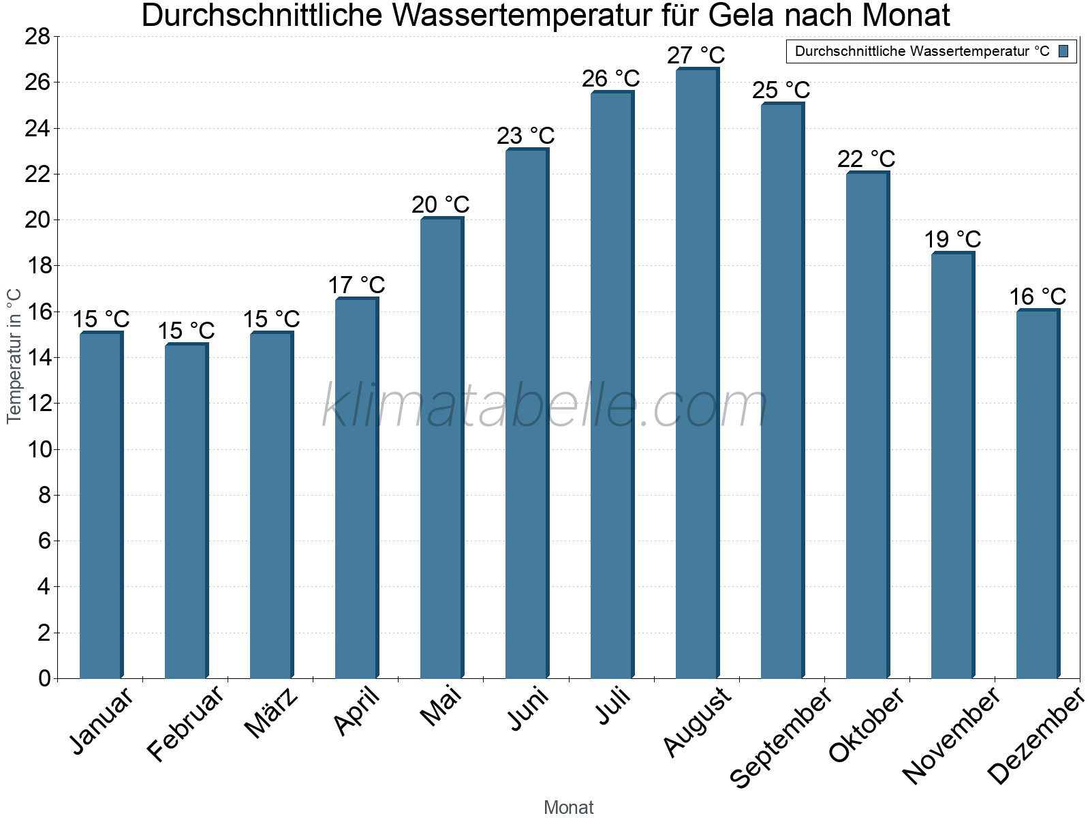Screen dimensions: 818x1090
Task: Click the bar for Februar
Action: tap(186, 511)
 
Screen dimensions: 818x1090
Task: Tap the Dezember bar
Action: tap(1038, 494)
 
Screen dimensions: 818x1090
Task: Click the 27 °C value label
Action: tap(696, 55)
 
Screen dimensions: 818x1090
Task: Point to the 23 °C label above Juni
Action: tap(525, 136)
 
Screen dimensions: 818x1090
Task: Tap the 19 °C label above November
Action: tap(952, 239)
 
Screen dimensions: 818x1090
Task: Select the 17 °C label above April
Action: tap(356, 284)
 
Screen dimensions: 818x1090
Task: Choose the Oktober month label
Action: tap(867, 725)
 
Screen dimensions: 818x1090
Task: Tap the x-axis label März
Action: tap(272, 713)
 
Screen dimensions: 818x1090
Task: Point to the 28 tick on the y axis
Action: tap(37, 37)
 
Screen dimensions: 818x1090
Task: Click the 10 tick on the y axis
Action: tap(37, 449)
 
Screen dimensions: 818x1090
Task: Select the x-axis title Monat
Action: tap(568, 807)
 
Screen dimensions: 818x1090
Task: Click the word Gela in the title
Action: tap(745, 15)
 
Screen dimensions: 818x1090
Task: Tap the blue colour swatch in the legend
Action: tap(1063, 51)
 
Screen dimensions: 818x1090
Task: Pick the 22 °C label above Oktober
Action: tap(866, 159)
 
